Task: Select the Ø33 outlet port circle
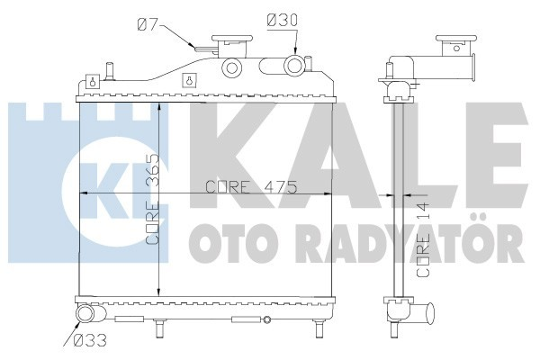tap(84, 315)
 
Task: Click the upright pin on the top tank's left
tap(109, 68)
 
